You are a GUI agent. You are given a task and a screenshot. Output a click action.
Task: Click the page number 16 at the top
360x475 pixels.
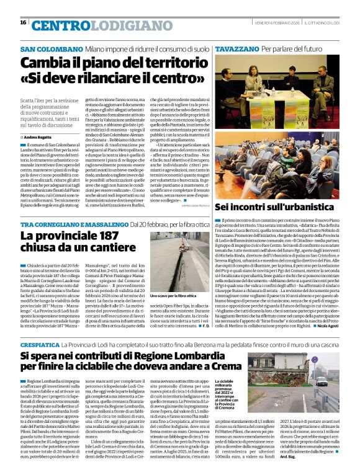coord(23,22)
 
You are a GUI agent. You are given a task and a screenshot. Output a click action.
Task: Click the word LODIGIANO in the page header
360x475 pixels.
coord(110,25)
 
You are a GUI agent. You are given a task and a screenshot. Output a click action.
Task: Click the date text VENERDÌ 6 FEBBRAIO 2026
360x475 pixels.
coord(274,22)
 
